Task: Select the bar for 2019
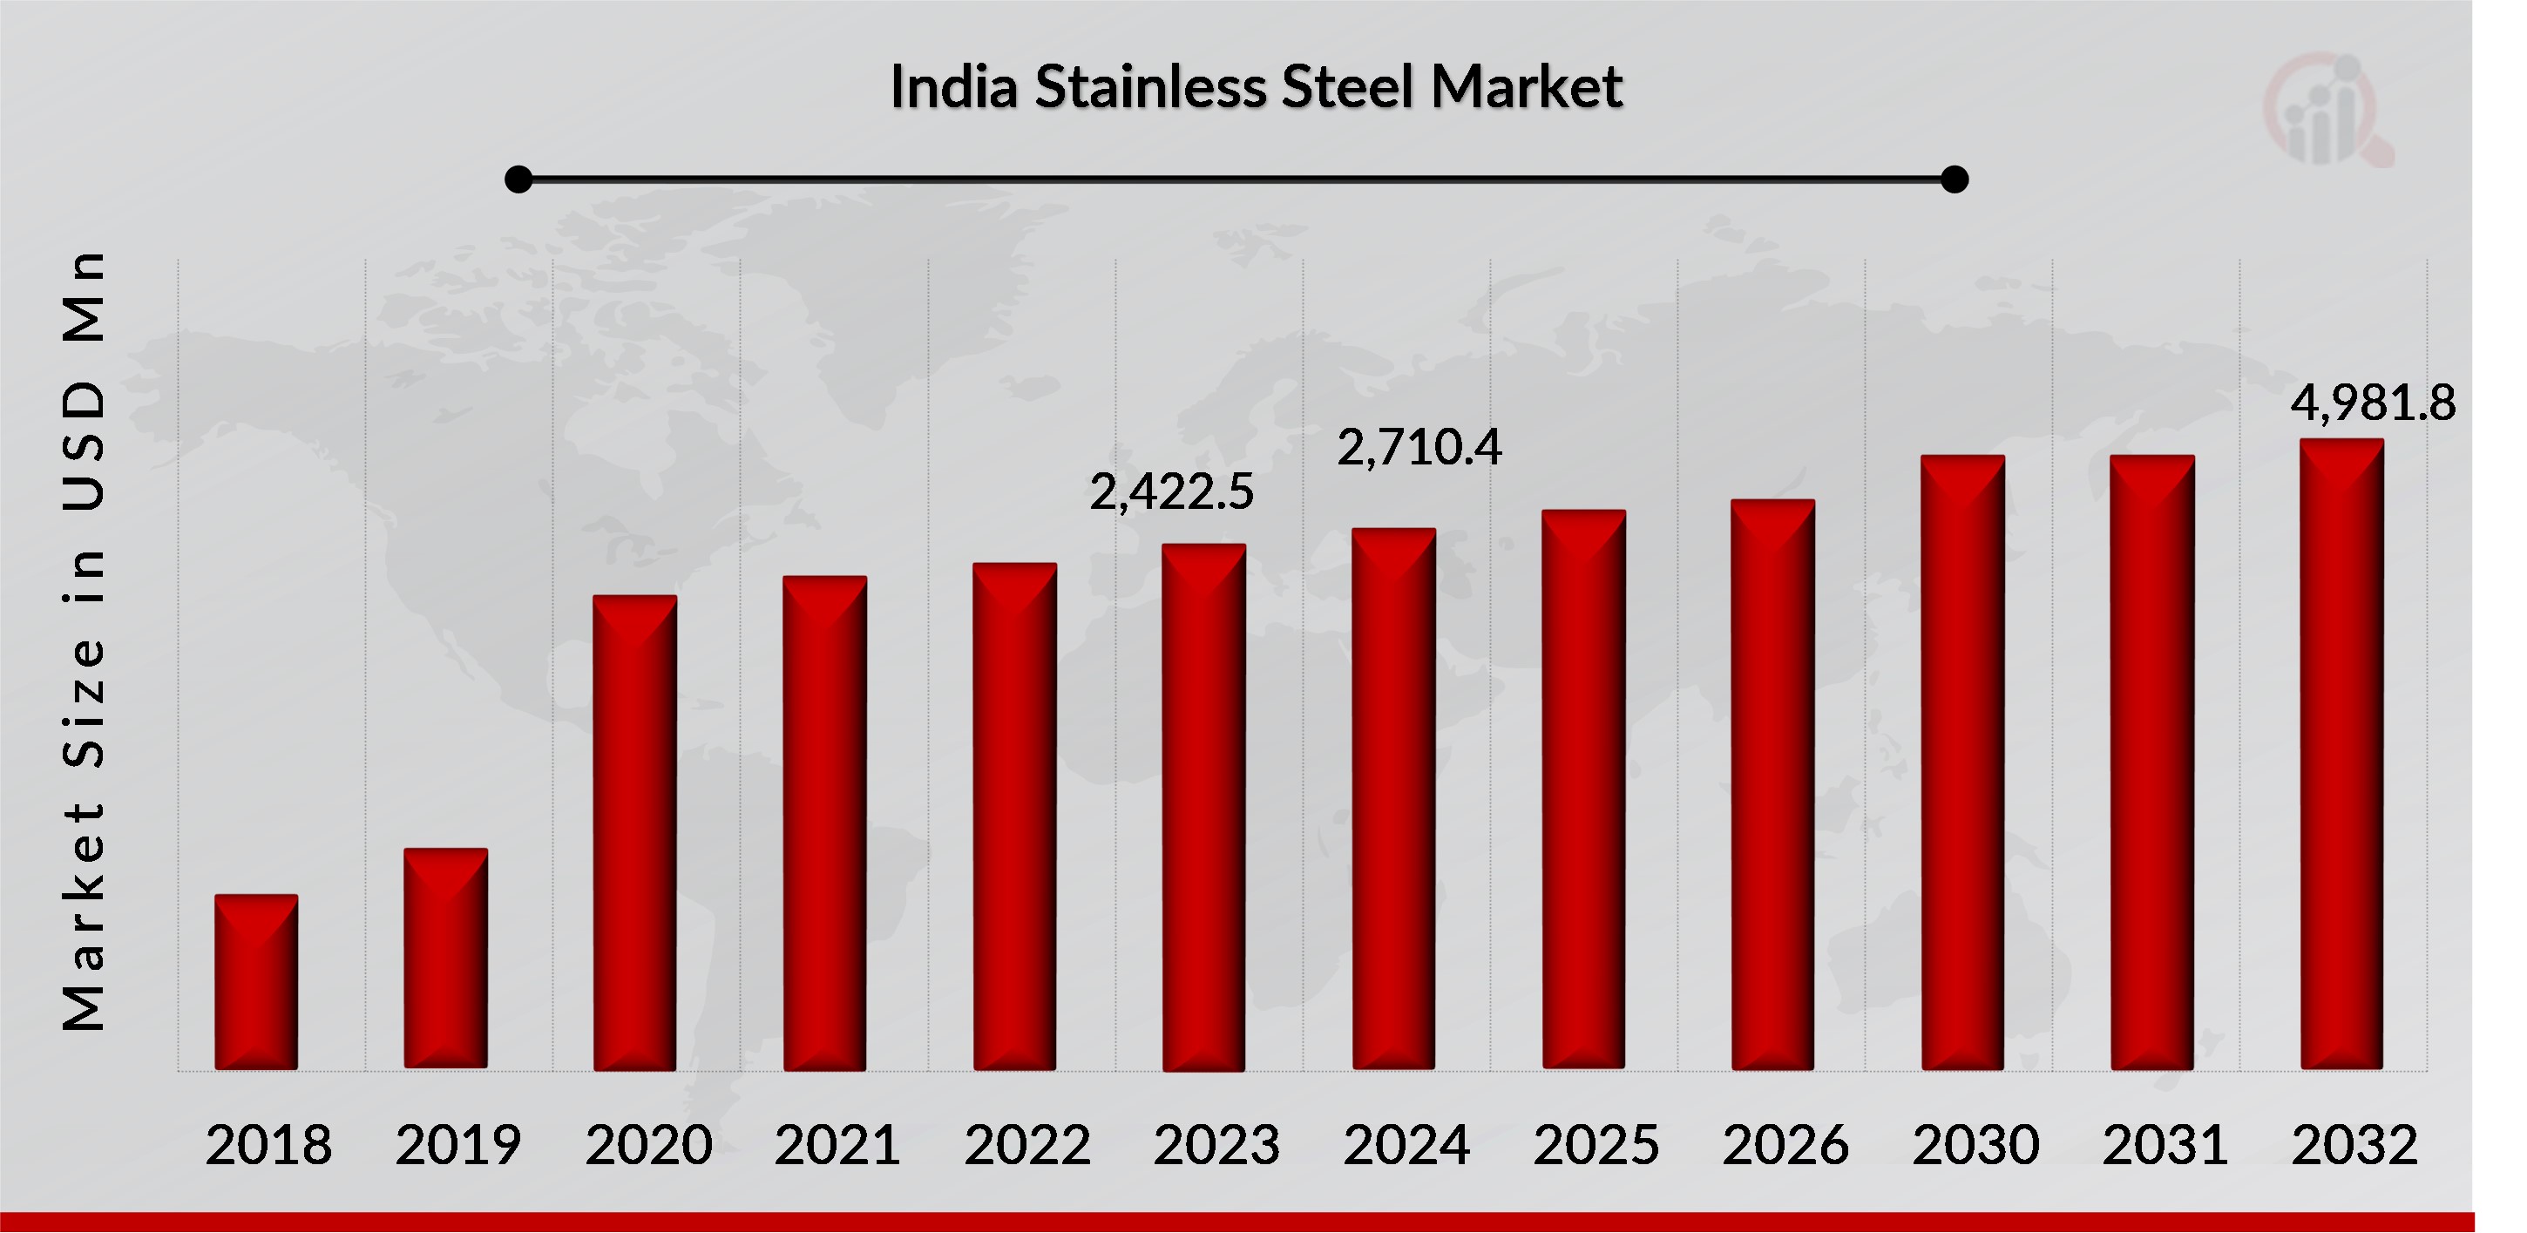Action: point(445,959)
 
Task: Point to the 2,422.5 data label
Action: point(1171,492)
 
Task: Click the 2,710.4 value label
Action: point(1419,448)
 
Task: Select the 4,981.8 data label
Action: point(2372,403)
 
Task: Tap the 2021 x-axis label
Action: point(837,1145)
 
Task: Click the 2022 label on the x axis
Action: point(1027,1145)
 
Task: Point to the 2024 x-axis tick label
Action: point(1406,1145)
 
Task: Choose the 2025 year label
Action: point(1596,1145)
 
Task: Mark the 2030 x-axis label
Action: point(1975,1145)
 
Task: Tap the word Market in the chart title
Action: point(1526,86)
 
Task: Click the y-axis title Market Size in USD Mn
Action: point(84,640)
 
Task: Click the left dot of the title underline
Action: point(518,180)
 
